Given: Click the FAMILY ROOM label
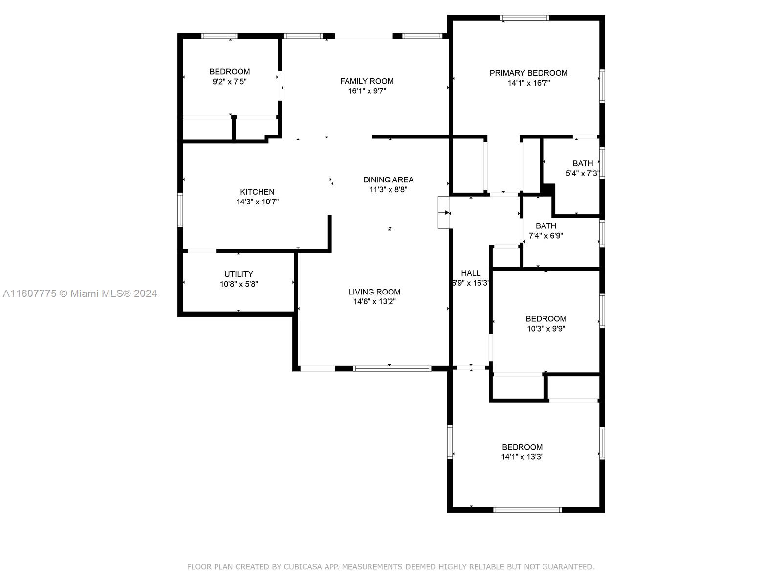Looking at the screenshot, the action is pos(367,81).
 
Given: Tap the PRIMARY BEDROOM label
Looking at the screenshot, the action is pos(528,73).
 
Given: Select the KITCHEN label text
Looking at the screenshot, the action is pos(257,192).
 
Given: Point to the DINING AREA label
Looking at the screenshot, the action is pos(388,180).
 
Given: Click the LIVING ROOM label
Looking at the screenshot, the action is pos(374,292).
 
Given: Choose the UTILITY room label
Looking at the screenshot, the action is pos(239,274).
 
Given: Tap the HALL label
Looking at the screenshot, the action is pos(471,273).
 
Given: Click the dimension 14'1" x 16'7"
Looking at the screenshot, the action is pos(529,83).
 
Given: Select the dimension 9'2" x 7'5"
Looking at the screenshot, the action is pos(229,82).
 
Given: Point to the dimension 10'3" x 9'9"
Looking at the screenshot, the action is pos(546,329).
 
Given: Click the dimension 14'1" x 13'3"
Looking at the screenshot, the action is pos(522,457).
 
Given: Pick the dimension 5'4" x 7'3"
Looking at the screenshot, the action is pos(583,174).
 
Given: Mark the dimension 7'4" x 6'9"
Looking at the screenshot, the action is pos(546,236).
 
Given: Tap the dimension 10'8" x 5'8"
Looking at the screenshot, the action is pos(239,284).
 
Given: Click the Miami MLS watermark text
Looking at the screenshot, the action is pos(80,293).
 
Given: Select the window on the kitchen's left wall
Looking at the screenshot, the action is pos(180,210).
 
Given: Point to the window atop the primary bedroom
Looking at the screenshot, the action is pos(524,18).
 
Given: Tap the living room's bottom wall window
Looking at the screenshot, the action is pos(392,368).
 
